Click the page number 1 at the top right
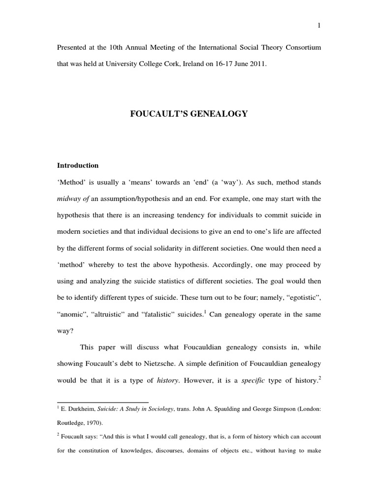coord(319,26)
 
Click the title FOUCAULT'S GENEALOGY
coord(189,114)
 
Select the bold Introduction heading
coord(78,165)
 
